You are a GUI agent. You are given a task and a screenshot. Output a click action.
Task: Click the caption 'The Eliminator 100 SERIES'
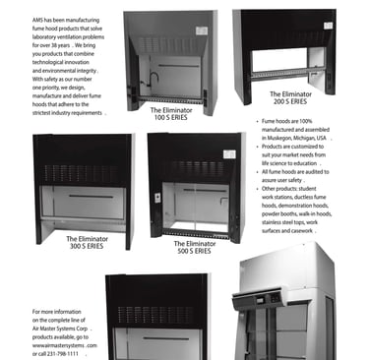pyautogui.click(x=171, y=114)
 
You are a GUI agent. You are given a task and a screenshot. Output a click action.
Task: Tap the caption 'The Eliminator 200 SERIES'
pyautogui.click(x=290, y=98)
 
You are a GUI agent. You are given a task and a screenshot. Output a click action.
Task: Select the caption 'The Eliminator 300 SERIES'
pyautogui.click(x=87, y=243)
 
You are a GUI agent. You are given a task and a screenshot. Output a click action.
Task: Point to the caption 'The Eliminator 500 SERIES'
pyautogui.click(x=195, y=248)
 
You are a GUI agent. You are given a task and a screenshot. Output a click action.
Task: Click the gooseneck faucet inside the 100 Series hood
pyautogui.click(x=154, y=80)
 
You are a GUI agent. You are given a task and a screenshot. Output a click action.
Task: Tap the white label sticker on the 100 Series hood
pyautogui.click(x=202, y=30)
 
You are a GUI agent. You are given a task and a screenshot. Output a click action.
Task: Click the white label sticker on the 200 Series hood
pyautogui.click(x=328, y=26)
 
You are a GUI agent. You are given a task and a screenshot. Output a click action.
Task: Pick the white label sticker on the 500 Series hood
pyautogui.click(x=229, y=154)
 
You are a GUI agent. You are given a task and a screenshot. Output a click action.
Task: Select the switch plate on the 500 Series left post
pyautogui.click(x=157, y=198)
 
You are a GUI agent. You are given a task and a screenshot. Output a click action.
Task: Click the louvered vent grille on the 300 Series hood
pyautogui.click(x=81, y=174)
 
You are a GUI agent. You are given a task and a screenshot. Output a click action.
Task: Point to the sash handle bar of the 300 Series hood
pyautogui.click(x=91, y=197)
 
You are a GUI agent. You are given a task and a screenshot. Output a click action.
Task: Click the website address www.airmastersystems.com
pyautogui.click(x=65, y=345)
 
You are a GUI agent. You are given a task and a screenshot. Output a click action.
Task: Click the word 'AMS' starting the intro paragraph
pyautogui.click(x=37, y=21)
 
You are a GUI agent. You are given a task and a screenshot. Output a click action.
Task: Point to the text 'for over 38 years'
pyautogui.click(x=51, y=45)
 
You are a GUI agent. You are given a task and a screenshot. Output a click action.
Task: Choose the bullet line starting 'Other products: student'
pyautogui.click(x=289, y=189)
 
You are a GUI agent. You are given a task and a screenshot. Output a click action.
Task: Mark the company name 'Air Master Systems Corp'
pyautogui.click(x=60, y=329)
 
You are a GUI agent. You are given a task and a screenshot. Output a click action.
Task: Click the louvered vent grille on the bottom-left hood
pyautogui.click(x=155, y=316)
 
